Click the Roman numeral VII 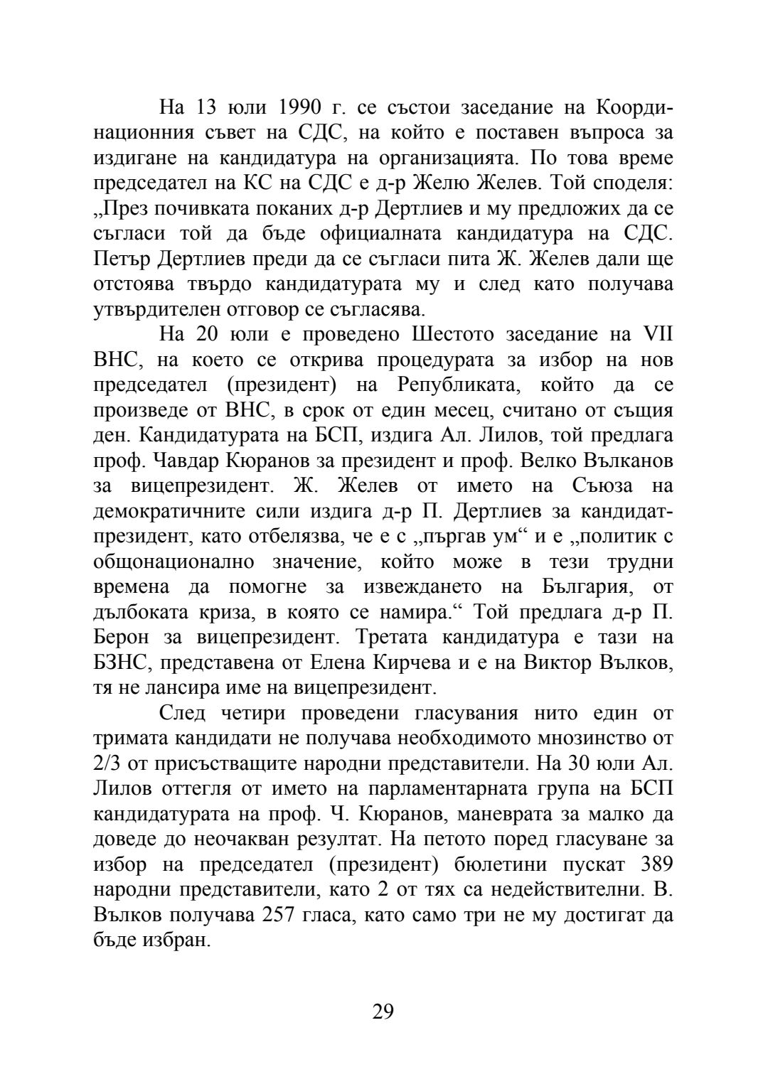[x=657, y=335]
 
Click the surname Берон [x=122, y=638]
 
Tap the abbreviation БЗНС [x=122, y=662]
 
